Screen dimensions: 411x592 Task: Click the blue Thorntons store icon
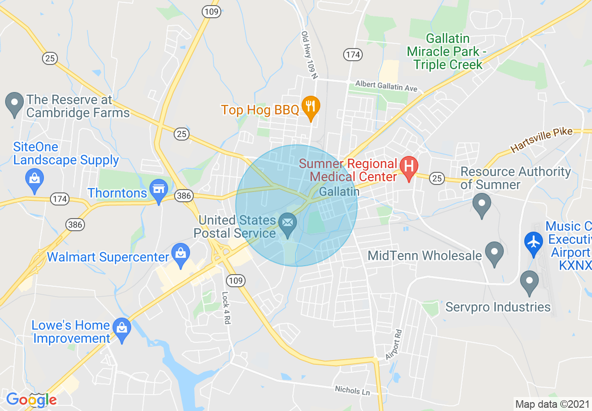159,189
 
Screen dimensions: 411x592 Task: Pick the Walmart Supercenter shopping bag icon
180,254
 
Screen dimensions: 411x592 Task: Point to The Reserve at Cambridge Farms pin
14,103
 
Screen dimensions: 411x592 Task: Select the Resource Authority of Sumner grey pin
481,204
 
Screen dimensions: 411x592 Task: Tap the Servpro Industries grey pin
529,281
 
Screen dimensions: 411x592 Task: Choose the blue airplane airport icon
533,241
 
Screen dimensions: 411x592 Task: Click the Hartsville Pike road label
542,140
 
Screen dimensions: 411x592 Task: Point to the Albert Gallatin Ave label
386,85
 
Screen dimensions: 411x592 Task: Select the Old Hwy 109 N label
309,55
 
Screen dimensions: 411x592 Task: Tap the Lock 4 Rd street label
226,308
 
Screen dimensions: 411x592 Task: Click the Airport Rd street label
394,344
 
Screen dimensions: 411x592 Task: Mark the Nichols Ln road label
352,390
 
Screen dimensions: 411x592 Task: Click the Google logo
31,400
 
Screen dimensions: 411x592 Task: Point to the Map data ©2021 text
552,404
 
